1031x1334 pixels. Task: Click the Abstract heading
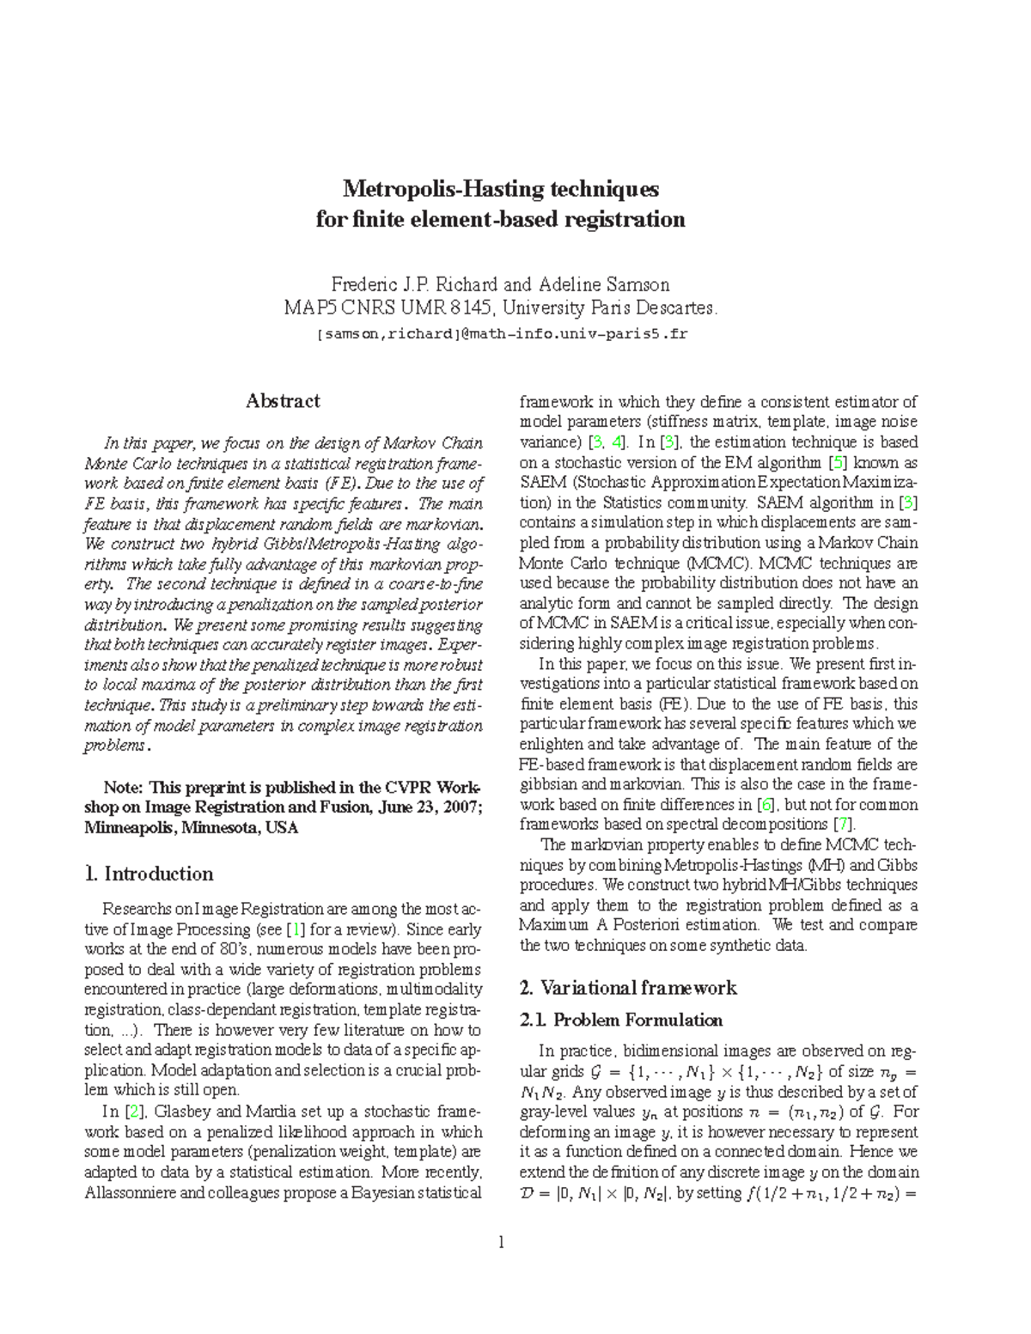[x=283, y=401]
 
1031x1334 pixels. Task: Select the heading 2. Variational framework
[x=628, y=988]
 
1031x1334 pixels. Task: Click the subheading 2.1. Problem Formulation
[x=621, y=1020]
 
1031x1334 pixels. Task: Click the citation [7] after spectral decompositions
[x=845, y=825]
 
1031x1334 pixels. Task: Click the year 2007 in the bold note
[x=464, y=807]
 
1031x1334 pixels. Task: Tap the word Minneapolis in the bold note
[x=127, y=828]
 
